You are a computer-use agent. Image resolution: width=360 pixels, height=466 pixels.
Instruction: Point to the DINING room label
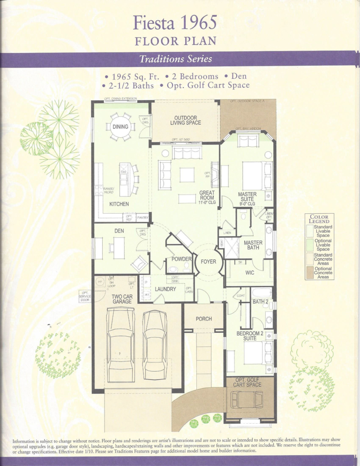(x=120, y=126)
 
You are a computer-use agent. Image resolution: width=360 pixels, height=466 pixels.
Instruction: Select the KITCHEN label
(x=119, y=204)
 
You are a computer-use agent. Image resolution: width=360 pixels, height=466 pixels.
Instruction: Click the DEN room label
(x=119, y=231)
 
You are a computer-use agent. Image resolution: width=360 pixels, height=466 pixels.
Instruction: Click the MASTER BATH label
(x=253, y=245)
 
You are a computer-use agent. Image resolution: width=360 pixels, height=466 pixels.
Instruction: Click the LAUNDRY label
(x=165, y=289)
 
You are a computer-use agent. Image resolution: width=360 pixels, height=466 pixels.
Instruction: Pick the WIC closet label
(x=249, y=272)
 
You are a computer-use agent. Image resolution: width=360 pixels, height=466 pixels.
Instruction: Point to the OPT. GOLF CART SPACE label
(x=248, y=382)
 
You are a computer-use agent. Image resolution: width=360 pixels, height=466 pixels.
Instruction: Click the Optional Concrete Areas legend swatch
(x=309, y=273)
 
